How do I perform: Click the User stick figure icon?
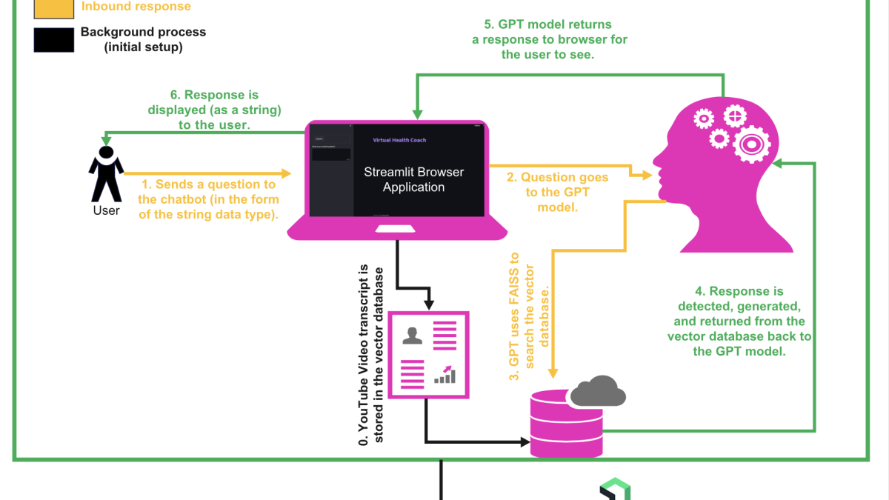click(106, 174)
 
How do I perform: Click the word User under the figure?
click(106, 210)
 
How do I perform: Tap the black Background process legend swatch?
click(53, 39)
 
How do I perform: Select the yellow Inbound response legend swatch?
click(53, 7)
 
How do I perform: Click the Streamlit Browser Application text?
click(413, 179)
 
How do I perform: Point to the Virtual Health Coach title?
click(399, 140)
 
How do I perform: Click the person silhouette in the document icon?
click(413, 336)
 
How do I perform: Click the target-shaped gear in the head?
click(751, 143)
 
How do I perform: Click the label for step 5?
click(549, 39)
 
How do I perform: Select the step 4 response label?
click(739, 321)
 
